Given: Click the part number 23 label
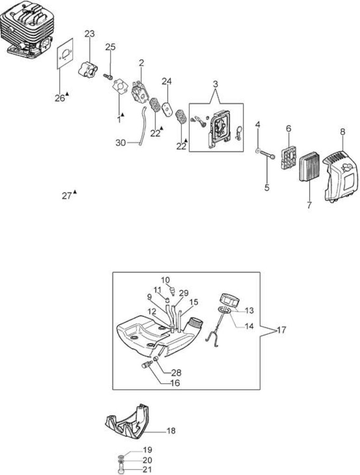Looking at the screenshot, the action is [90, 33].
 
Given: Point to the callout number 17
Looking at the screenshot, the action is [281, 330].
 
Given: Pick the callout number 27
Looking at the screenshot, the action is [67, 196].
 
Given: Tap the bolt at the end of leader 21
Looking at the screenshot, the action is [120, 470].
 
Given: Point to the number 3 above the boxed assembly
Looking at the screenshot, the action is [215, 84].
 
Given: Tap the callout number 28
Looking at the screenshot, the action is [176, 372].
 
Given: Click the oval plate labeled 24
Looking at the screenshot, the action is [167, 108].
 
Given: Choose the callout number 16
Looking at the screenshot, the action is [175, 383].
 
